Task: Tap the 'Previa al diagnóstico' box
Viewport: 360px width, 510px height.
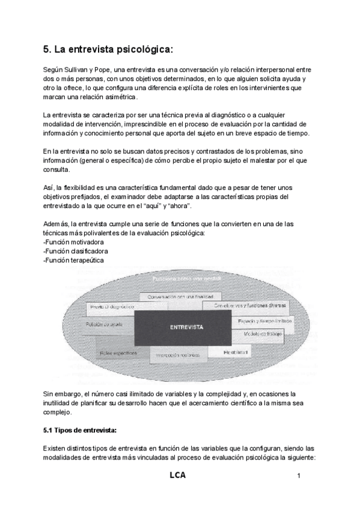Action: point(112,307)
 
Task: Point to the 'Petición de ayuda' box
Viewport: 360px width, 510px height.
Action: point(105,325)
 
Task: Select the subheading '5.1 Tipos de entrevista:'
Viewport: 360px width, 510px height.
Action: point(81,431)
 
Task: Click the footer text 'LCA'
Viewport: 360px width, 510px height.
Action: point(177,475)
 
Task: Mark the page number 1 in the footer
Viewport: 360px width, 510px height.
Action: point(298,476)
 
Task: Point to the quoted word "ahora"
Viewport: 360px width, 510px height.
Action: point(177,206)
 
